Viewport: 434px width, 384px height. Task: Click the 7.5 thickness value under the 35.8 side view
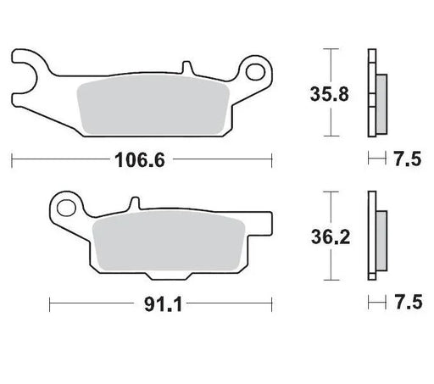click(x=405, y=159)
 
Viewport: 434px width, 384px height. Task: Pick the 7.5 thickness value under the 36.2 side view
click(x=405, y=301)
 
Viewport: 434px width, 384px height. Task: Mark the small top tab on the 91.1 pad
click(x=132, y=203)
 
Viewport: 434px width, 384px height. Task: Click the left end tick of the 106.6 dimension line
click(x=12, y=159)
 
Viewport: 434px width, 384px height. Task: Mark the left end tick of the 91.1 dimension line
click(x=49, y=301)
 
